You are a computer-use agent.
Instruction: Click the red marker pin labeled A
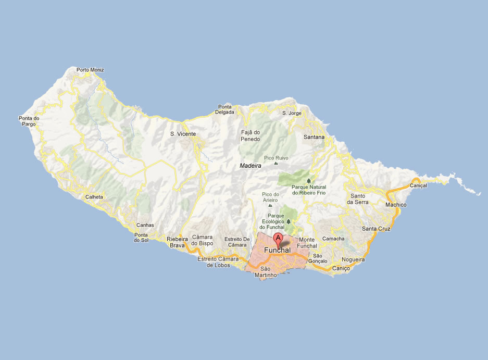[x=278, y=239]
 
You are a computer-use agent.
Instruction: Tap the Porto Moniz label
[x=90, y=70]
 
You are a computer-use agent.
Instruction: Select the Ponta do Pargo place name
[x=29, y=121]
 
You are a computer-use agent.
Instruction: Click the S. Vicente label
[x=183, y=134]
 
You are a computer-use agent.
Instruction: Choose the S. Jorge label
[x=292, y=113]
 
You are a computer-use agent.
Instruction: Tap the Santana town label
[x=314, y=137]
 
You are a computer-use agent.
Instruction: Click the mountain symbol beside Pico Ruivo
[x=276, y=163]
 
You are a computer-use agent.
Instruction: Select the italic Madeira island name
[x=250, y=166]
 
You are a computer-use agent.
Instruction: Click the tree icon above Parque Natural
[x=309, y=180]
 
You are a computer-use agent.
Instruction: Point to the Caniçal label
[x=419, y=185]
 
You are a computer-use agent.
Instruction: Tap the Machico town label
[x=396, y=205]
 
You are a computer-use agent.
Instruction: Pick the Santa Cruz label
[x=376, y=229]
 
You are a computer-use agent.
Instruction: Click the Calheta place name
[x=94, y=197]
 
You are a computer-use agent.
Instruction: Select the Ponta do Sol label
[x=141, y=237]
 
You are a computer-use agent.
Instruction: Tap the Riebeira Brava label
[x=177, y=242]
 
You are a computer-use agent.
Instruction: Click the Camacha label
[x=334, y=239]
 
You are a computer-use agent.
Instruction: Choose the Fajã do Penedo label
[x=251, y=135]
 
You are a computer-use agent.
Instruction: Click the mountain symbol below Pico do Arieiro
[x=270, y=206]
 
